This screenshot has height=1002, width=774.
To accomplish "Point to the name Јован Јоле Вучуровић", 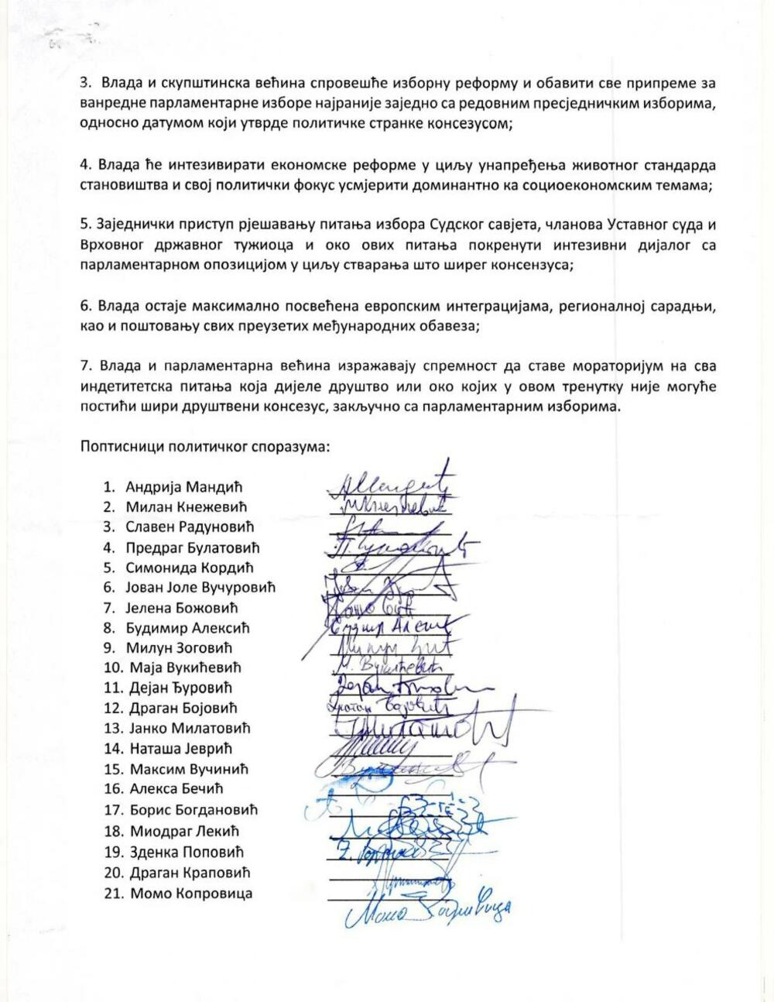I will pos(200,587).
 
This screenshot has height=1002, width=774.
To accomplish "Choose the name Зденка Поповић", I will pos(184,852).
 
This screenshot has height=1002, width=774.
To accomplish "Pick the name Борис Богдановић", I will pos(191,810).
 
